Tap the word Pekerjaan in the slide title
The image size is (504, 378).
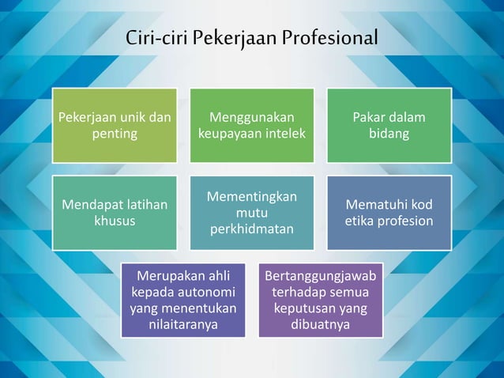pos(237,37)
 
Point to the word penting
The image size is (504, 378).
pos(115,134)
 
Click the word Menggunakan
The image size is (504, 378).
pos(251,118)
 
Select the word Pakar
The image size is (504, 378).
pos(369,118)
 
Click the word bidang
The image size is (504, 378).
pos(389,134)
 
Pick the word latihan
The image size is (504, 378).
pos(143,205)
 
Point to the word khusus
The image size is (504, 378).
pos(115,221)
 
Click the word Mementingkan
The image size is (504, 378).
pos(251,197)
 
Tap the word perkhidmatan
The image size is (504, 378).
pos(251,229)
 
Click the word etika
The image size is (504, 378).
pos(363,221)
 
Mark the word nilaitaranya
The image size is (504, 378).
pos(182,324)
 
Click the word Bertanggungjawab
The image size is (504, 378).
pos(320,276)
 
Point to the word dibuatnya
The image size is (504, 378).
pos(320,324)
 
